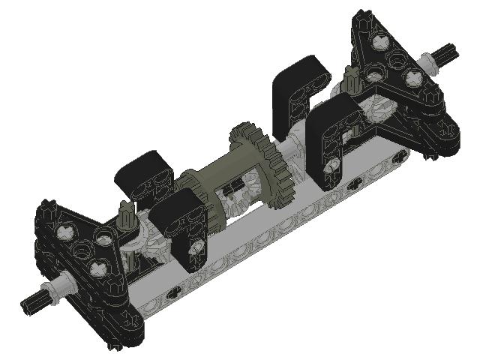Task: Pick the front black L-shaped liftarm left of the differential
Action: [180, 221]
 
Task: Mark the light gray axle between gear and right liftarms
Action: [294, 150]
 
